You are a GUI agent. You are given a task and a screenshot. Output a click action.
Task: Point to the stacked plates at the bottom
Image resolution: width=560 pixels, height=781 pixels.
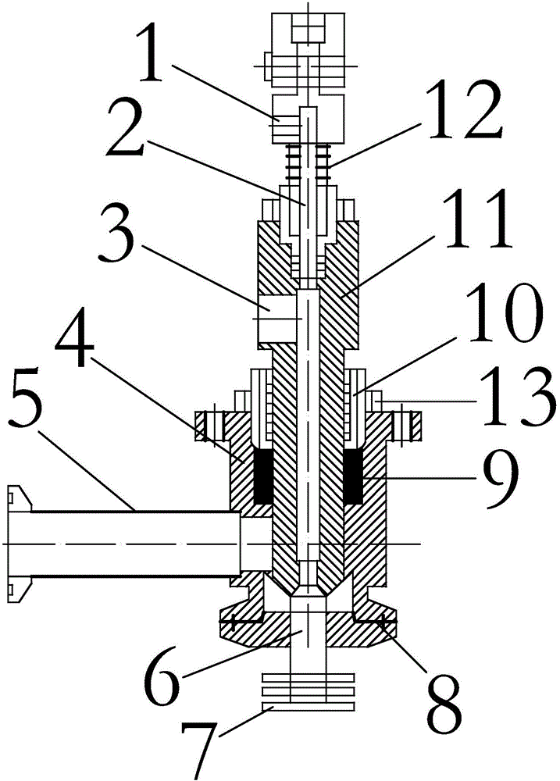[309, 692]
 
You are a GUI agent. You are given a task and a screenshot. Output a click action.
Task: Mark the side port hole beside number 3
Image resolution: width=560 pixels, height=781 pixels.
[277, 317]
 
